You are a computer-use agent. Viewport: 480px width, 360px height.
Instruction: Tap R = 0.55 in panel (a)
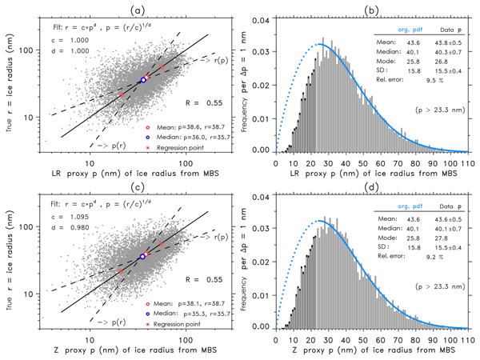[175, 102]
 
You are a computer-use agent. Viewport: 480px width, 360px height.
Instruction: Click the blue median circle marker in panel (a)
[143, 80]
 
